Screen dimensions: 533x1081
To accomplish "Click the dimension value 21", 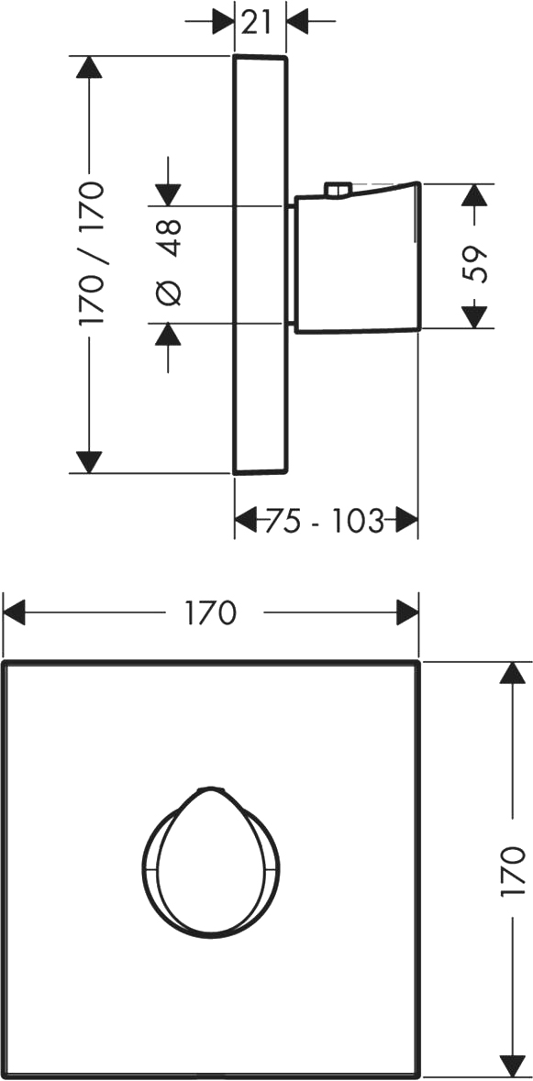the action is coord(256,23).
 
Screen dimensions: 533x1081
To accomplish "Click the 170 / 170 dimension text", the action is coord(92,254).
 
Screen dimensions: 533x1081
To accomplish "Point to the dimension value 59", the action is coord(475,263).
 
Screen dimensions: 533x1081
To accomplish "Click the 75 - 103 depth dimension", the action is coord(324,521).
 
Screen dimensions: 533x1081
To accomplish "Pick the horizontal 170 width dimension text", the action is coord(211,612).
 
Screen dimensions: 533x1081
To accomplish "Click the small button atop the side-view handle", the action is coord(339,189).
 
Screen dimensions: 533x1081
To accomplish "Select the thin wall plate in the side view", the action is coord(260,265).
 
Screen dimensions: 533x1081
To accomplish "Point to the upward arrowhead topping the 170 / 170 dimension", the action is coord(90,67).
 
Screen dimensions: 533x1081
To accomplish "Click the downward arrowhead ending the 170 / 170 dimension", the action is coord(90,463).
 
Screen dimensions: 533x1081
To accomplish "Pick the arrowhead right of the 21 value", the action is coord(297,21).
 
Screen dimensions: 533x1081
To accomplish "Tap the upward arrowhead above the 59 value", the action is coord(473,195).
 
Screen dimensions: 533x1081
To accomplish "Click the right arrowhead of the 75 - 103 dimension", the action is coord(406,519).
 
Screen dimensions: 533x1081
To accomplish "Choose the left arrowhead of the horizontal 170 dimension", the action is coord(15,612).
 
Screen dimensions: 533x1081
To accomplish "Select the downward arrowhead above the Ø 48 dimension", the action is coord(168,194).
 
